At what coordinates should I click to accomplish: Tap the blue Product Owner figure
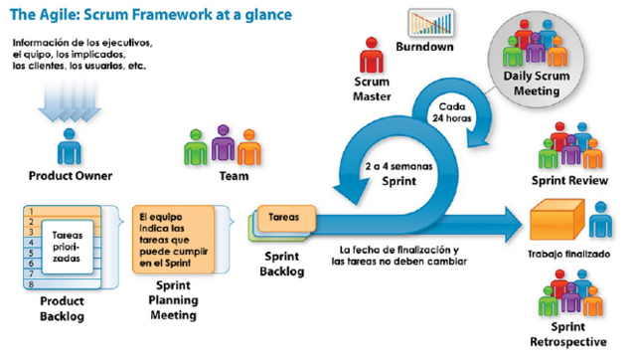click(x=69, y=150)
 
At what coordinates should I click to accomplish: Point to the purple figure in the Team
click(x=224, y=148)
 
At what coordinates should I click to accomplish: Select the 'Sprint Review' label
click(x=570, y=182)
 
